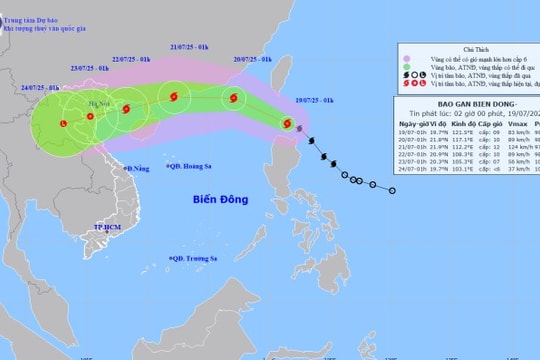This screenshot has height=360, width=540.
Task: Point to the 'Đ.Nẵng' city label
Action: tap(137, 168)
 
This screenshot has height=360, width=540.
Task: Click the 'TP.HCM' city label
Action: tap(107, 229)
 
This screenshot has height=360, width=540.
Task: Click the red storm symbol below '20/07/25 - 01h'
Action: tap(234, 99)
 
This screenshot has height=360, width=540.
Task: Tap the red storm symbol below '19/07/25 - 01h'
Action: tap(288, 124)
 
